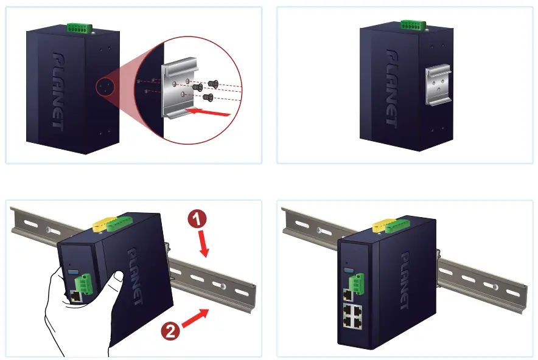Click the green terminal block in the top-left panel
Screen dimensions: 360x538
tap(79, 27)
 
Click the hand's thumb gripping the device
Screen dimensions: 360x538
tap(113, 281)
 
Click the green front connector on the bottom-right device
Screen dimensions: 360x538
tap(356, 281)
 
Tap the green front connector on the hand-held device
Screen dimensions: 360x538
tap(83, 283)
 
